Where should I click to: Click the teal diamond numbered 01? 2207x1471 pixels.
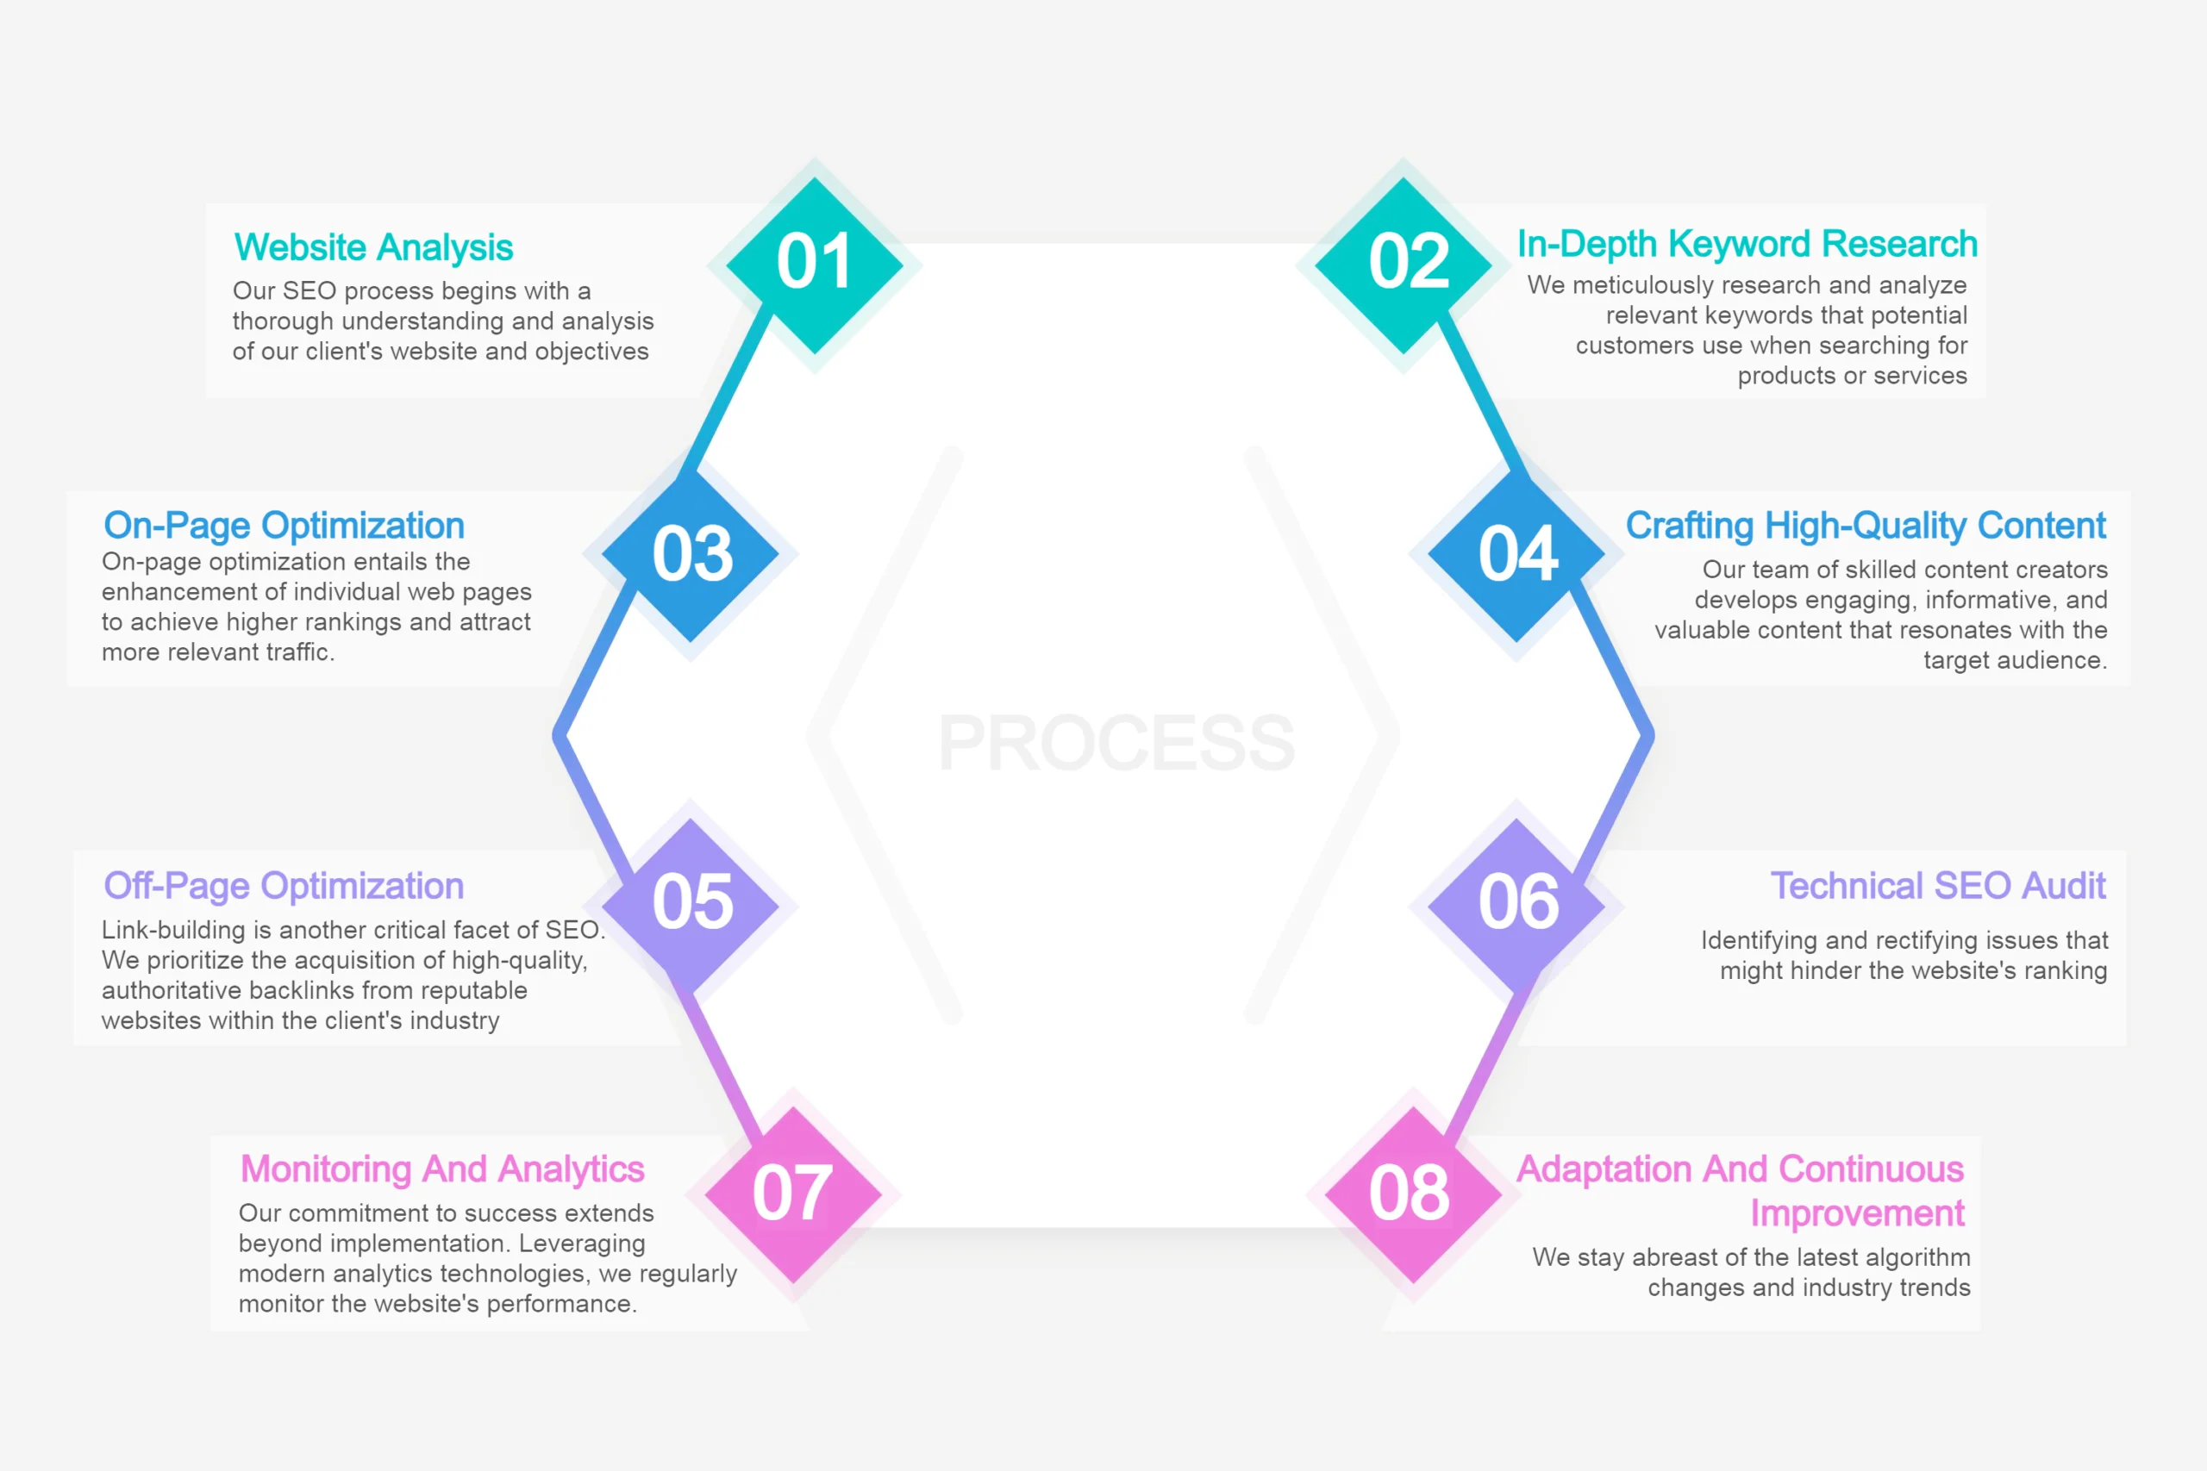pyautogui.click(x=815, y=265)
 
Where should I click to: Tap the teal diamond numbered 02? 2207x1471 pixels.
pyautogui.click(x=1404, y=265)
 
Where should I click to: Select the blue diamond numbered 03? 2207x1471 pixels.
pyautogui.click(x=691, y=553)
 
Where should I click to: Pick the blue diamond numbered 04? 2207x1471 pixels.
pyautogui.click(x=1516, y=553)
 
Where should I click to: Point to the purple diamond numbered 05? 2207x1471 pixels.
pyautogui.click(x=691, y=907)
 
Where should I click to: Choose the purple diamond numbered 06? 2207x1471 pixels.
pyautogui.click(x=1516, y=907)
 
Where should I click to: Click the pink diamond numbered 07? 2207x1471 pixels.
pyautogui.click(x=794, y=1194)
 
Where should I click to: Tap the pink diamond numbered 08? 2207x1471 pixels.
pyautogui.click(x=1413, y=1194)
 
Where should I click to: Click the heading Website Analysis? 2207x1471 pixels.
pyautogui.click(x=373, y=247)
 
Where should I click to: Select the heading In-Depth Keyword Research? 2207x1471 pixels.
pyautogui.click(x=1747, y=244)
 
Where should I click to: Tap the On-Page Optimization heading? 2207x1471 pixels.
pyautogui.click(x=284, y=527)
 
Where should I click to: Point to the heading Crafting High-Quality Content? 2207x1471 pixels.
pyautogui.click(x=1866, y=527)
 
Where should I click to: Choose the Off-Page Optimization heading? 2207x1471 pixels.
pyautogui.click(x=284, y=887)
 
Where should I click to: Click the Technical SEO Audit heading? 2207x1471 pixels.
pyautogui.click(x=1939, y=886)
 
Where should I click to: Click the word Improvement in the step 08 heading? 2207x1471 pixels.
pyautogui.click(x=1857, y=1214)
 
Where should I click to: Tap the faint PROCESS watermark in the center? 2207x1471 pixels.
pyautogui.click(x=1116, y=743)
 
